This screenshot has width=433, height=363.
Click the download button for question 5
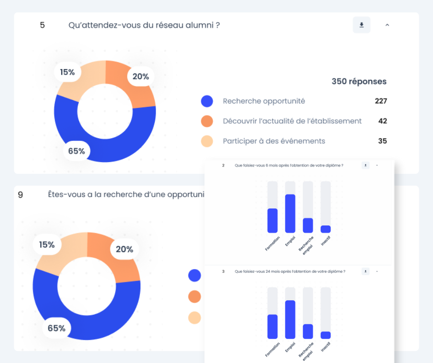(362, 25)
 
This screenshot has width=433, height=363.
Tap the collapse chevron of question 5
(387, 25)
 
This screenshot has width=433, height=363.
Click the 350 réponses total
(359, 82)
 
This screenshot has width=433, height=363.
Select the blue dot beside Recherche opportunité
(207, 101)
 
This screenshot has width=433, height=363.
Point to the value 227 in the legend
(380, 101)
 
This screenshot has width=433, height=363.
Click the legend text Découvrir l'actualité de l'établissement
(292, 121)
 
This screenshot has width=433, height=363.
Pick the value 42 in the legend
(382, 121)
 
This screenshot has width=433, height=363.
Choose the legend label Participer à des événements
(274, 141)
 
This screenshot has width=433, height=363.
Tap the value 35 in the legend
(382, 141)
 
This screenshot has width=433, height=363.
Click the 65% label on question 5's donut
(76, 151)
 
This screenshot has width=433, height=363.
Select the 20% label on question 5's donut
(140, 76)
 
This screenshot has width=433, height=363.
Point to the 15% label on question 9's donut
(47, 245)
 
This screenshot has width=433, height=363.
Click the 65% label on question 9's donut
(57, 328)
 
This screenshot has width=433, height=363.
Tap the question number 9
(20, 195)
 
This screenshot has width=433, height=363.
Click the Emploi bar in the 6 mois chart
(290, 213)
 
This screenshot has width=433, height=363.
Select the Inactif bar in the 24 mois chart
(326, 335)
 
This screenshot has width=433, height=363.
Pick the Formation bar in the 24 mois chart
(273, 327)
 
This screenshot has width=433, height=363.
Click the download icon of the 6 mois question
(365, 165)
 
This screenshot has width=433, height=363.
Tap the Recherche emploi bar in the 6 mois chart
(308, 225)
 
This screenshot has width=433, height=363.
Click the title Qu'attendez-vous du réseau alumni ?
(144, 25)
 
